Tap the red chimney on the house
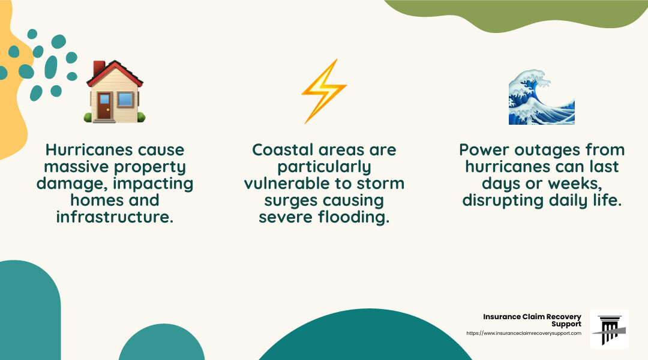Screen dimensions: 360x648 (x=98, y=68)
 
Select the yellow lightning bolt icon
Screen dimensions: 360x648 (x=323, y=91)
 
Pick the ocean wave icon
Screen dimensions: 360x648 (x=541, y=97)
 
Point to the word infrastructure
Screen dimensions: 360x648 (x=115, y=217)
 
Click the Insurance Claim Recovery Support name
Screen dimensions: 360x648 (x=532, y=320)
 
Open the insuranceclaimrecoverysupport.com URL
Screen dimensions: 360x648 (x=523, y=333)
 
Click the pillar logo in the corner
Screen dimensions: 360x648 (x=609, y=329)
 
